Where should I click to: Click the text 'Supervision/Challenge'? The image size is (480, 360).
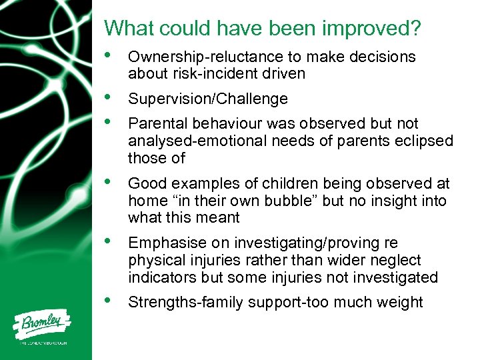(208, 99)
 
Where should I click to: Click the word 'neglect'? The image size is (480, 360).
(398, 260)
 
